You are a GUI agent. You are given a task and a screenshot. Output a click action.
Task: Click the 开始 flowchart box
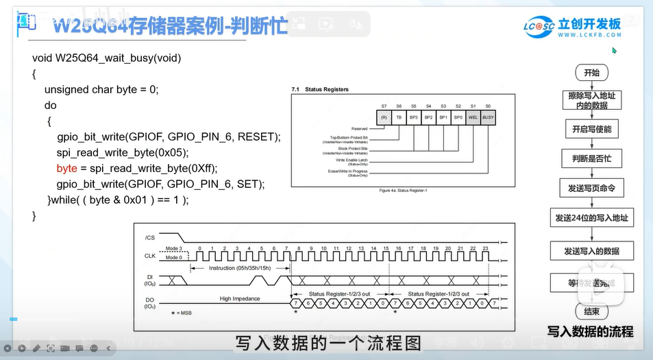pyautogui.click(x=591, y=73)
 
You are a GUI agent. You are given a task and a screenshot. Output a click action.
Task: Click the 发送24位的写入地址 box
pyautogui.click(x=591, y=219)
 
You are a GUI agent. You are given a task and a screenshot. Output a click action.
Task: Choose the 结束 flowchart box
pyautogui.click(x=591, y=312)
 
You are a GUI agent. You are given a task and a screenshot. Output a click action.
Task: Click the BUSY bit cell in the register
pyautogui.click(x=487, y=117)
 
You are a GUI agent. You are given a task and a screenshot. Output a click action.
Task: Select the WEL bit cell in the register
pyautogui.click(x=473, y=117)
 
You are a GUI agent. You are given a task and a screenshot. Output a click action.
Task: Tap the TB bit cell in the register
pyautogui.click(x=399, y=117)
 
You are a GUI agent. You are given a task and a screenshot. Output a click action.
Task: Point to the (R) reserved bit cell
pyautogui.click(x=384, y=117)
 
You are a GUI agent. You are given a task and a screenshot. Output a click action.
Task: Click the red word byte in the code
pyautogui.click(x=67, y=168)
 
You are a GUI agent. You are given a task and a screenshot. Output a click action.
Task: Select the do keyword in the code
pyautogui.click(x=51, y=106)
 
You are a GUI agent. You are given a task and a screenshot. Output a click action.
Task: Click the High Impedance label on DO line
pyautogui.click(x=240, y=298)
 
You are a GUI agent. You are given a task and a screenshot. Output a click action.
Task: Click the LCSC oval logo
pyautogui.click(x=539, y=27)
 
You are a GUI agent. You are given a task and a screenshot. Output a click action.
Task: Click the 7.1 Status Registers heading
pyautogui.click(x=320, y=90)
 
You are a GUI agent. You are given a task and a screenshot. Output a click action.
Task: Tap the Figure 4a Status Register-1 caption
pyautogui.click(x=403, y=190)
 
